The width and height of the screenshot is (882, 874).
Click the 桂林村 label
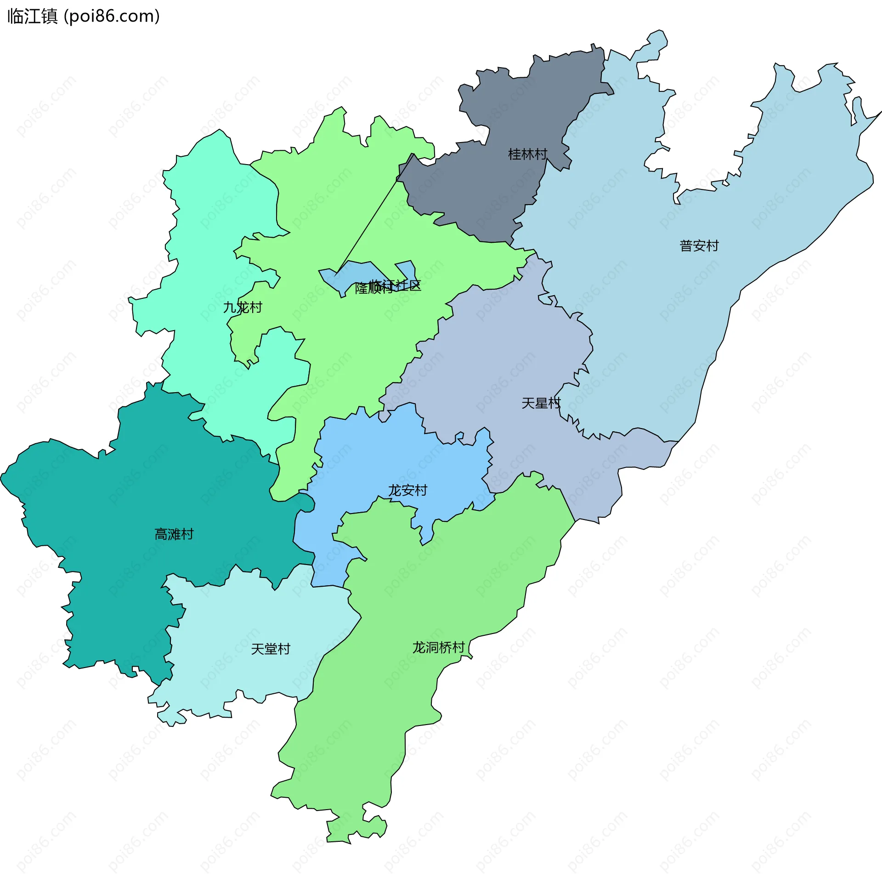click(x=527, y=154)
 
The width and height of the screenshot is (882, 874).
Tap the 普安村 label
click(x=699, y=246)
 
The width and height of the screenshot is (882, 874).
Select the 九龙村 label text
click(x=243, y=307)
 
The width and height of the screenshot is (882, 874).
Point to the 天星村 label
click(x=541, y=403)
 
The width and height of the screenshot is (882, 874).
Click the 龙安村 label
click(x=407, y=491)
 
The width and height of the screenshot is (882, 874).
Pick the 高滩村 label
click(x=174, y=534)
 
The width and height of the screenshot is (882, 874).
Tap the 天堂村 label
click(x=271, y=649)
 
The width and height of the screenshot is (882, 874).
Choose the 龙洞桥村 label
click(x=438, y=647)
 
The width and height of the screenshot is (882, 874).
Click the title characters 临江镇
click(x=32, y=17)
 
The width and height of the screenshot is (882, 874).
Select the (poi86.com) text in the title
click(x=112, y=17)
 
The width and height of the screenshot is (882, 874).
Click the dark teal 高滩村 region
click(x=138, y=497)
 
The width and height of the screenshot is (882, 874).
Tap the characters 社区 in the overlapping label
click(x=409, y=286)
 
